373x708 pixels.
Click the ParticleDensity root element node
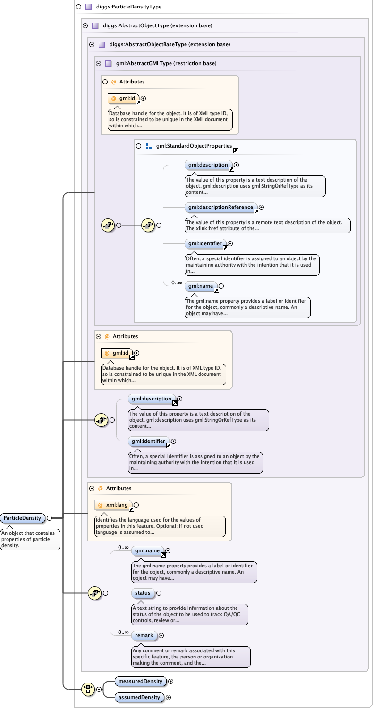tap(23, 518)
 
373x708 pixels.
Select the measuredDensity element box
tap(140, 681)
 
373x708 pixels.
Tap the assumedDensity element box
tap(140, 697)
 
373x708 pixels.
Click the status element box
tap(143, 593)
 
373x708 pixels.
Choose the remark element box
tap(144, 635)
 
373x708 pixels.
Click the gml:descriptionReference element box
tap(221, 207)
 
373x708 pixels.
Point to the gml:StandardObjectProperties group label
tap(194, 146)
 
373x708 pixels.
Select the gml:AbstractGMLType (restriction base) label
tap(166, 63)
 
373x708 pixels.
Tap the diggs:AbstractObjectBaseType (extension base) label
tap(170, 45)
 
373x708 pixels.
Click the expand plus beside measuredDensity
tap(171, 681)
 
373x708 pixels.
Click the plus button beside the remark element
tap(161, 635)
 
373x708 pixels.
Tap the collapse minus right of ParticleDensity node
tap(50, 518)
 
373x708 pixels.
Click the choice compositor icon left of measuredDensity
tap(87, 689)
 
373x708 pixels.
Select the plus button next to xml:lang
tap(136, 505)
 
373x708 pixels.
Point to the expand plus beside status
tap(159, 593)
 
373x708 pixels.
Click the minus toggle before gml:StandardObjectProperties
tap(139, 146)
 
